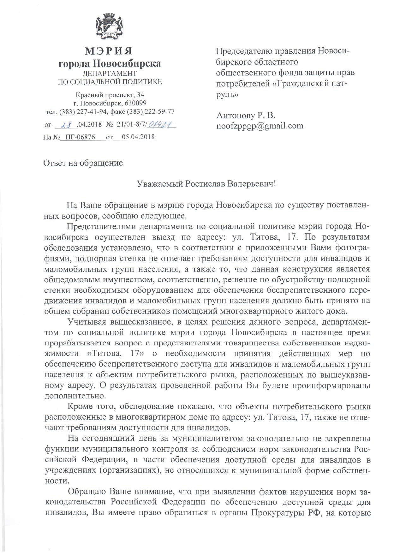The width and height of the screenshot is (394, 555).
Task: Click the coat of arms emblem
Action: [x=110, y=28]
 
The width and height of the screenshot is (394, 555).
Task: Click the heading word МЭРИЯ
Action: [x=109, y=51]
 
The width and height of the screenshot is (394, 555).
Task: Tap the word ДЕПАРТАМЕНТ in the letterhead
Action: [x=109, y=73]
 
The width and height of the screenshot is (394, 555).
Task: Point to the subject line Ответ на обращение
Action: [x=83, y=163]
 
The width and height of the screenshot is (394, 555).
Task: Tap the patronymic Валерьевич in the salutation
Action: [x=252, y=184]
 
